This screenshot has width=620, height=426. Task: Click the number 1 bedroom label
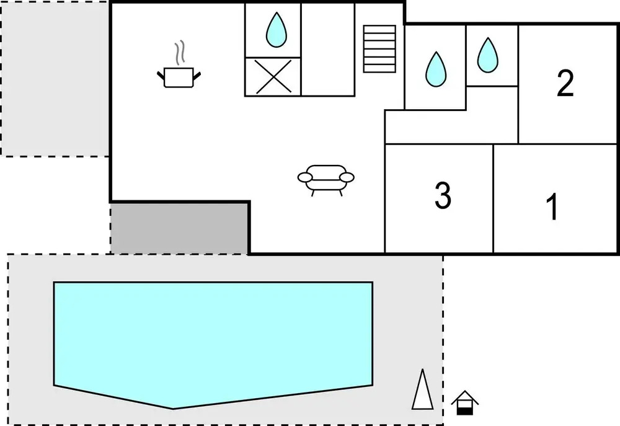pyautogui.click(x=553, y=206)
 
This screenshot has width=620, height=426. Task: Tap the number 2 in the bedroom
pyautogui.click(x=565, y=82)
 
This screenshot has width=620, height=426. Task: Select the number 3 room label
pyautogui.click(x=443, y=195)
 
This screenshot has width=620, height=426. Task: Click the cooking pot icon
pyautogui.click(x=179, y=77)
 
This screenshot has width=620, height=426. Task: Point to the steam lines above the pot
pyautogui.click(x=180, y=52)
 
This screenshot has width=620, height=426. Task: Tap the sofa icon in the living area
pyautogui.click(x=326, y=180)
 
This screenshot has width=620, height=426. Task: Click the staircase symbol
pyautogui.click(x=379, y=48)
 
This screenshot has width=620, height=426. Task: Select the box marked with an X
pyautogui.click(x=273, y=77)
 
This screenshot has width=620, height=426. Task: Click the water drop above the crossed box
pyautogui.click(x=276, y=30)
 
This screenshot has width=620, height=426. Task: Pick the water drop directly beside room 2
pyautogui.click(x=487, y=55)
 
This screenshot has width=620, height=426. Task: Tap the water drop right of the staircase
pyautogui.click(x=436, y=69)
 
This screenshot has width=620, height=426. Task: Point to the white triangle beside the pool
pyautogui.click(x=422, y=389)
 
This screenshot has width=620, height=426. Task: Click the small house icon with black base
pyautogui.click(x=465, y=402)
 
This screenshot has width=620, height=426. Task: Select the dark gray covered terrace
pyautogui.click(x=179, y=228)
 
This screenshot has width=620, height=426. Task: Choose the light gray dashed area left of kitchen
pyautogui.click(x=55, y=78)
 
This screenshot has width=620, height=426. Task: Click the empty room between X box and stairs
pyautogui.click(x=328, y=49)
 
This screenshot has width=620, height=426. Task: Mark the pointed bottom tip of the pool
pyautogui.click(x=173, y=409)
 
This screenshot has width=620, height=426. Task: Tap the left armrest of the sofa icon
pyautogui.click(x=305, y=177)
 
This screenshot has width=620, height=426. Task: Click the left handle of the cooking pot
pyautogui.click(x=161, y=74)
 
